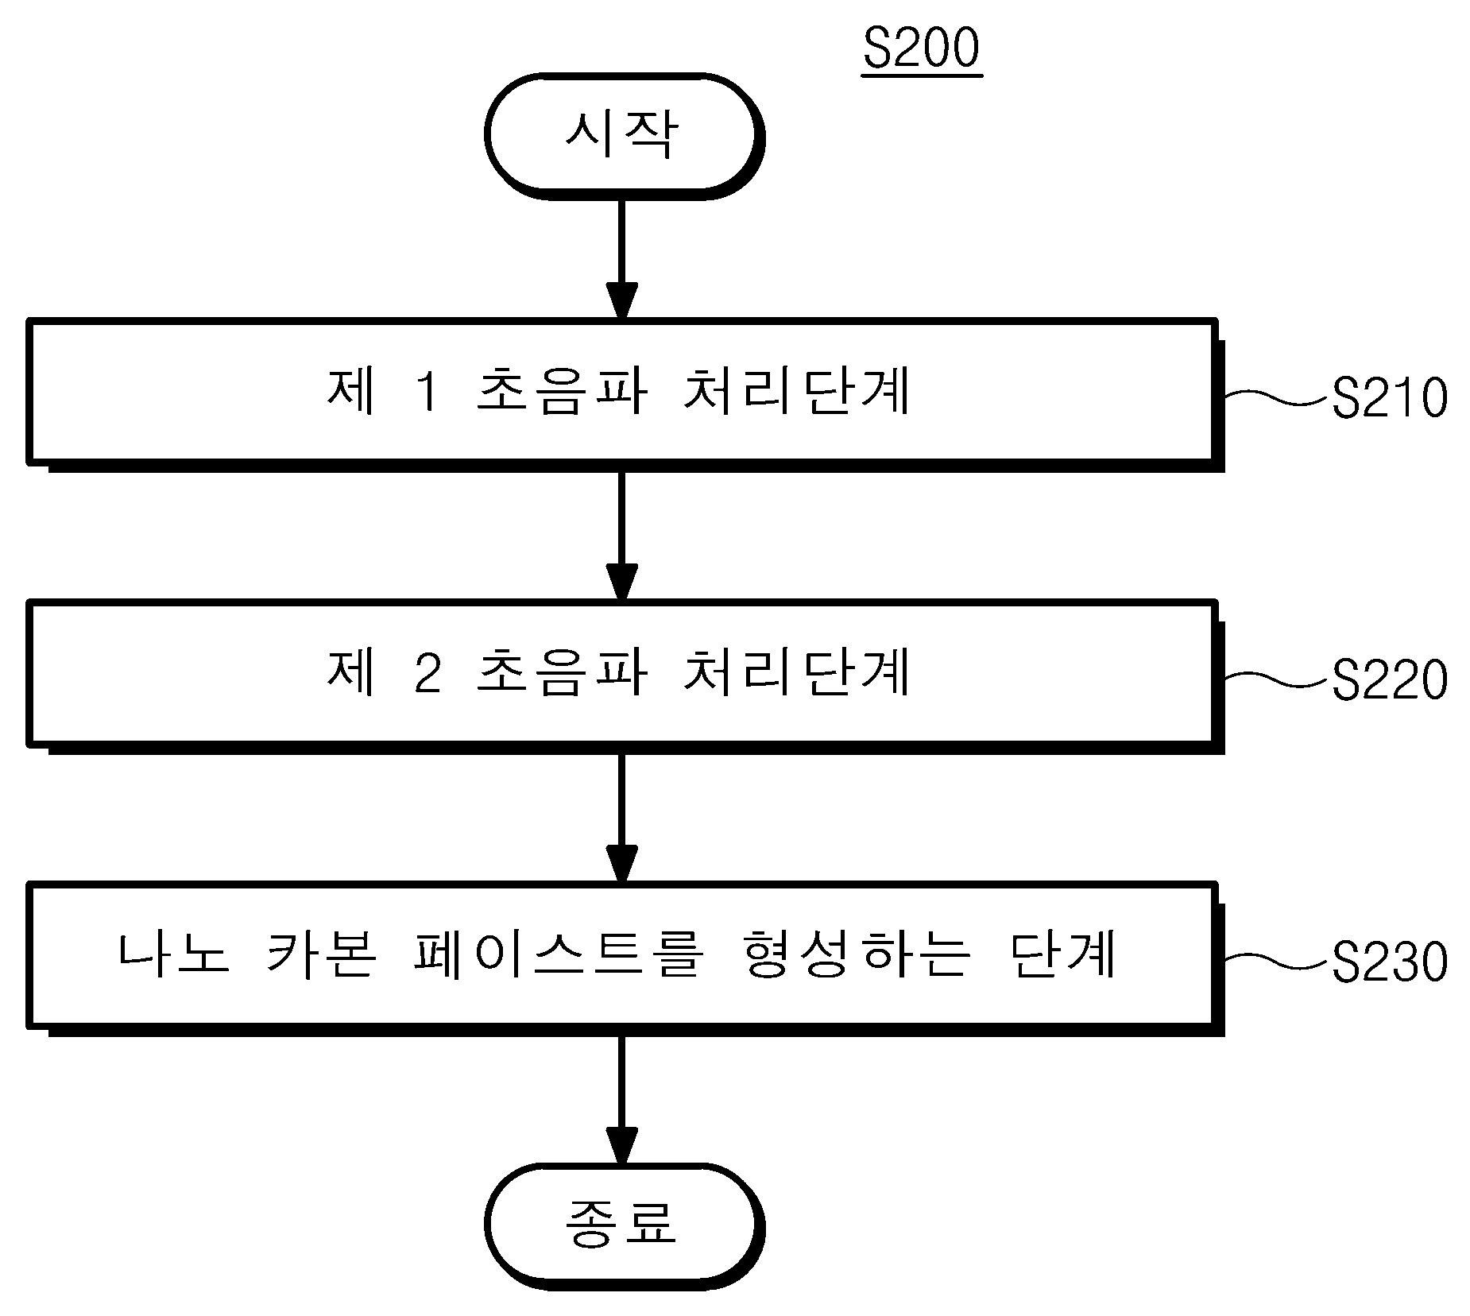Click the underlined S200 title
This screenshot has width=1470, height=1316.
click(x=922, y=49)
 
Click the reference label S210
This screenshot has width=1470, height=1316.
click(x=1389, y=397)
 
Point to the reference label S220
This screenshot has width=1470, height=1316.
click(x=1389, y=680)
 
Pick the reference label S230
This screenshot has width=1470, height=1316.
click(x=1389, y=962)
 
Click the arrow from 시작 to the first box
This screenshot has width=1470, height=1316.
click(x=621, y=259)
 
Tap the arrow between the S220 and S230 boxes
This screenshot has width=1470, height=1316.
click(x=621, y=818)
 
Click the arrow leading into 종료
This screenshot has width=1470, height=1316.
click(x=621, y=1100)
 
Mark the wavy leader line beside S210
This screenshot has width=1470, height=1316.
click(x=1277, y=397)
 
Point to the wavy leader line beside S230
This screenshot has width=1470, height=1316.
click(x=1277, y=962)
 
